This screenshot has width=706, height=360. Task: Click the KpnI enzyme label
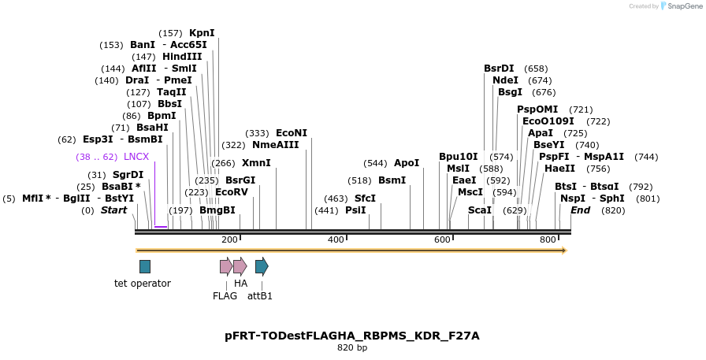click(202, 33)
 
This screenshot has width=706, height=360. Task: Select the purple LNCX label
click(136, 157)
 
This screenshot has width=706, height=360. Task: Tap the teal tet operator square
click(145, 266)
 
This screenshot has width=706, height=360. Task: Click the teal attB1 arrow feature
click(262, 266)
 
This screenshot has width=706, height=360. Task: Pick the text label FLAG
click(225, 296)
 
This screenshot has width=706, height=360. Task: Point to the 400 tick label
click(336, 239)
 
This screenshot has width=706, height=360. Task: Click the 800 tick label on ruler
click(547, 239)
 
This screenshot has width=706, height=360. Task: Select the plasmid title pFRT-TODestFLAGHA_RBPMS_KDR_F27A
click(352, 336)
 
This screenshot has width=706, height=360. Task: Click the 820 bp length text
click(352, 347)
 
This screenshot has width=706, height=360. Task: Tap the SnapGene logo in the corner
click(681, 6)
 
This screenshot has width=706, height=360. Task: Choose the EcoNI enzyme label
click(292, 133)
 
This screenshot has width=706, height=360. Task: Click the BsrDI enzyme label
click(499, 69)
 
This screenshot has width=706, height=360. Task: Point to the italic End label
click(580, 210)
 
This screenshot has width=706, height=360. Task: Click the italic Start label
click(113, 210)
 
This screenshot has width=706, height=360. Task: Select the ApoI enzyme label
click(407, 163)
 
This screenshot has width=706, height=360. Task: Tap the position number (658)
click(536, 69)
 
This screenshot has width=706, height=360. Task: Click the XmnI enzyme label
click(256, 163)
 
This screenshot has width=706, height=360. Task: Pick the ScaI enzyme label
click(480, 210)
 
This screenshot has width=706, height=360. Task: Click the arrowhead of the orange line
click(563, 251)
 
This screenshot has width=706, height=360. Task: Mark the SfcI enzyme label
click(365, 199)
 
